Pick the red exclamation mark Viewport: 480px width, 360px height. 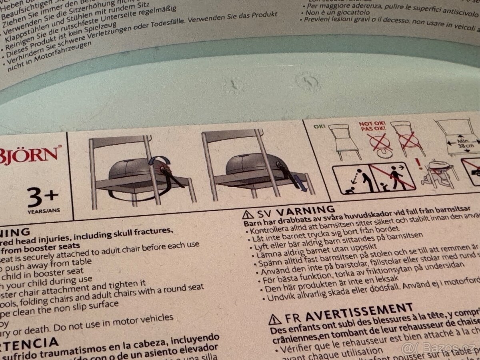point(418,163)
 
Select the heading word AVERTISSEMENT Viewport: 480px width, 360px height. point(359,312)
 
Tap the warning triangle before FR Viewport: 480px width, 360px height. point(274,320)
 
